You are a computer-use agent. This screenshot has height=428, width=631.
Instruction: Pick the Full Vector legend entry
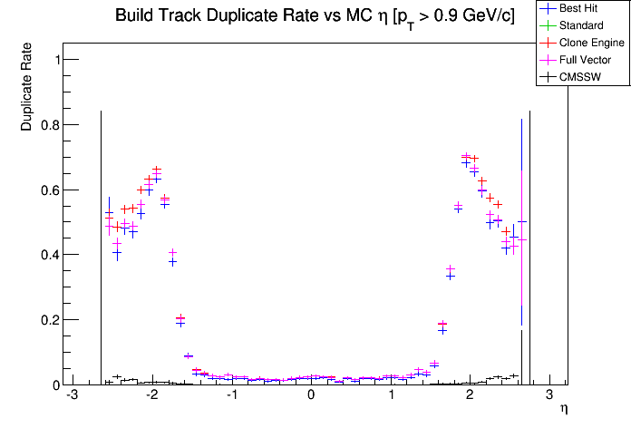pos(584,60)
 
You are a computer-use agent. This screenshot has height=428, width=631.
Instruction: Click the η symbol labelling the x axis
pos(564,410)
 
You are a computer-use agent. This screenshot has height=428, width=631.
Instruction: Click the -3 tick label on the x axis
pos(72,396)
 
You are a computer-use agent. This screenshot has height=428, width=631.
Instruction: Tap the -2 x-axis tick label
pos(150,396)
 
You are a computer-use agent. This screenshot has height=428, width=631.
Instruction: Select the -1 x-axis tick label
pos(230,396)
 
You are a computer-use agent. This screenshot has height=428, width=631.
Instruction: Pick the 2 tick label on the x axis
pos(470,396)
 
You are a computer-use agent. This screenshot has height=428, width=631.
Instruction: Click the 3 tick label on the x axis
pos(549,396)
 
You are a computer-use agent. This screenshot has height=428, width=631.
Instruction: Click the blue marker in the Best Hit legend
pos(548,8)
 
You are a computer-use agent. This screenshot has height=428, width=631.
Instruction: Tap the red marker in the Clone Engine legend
pos(548,43)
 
